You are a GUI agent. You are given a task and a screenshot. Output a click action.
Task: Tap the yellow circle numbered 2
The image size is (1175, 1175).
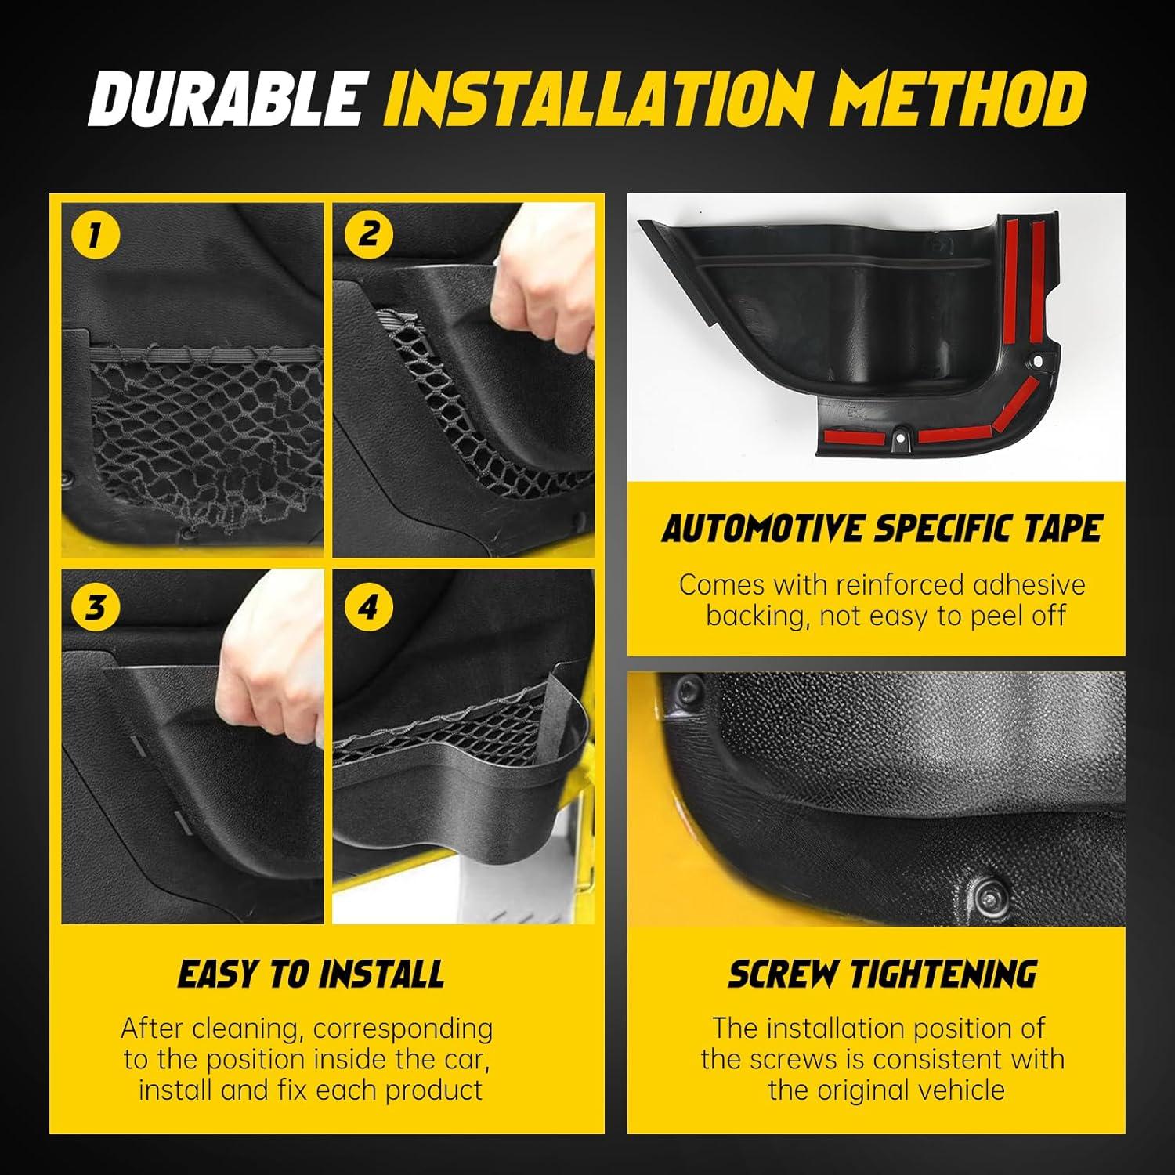[x=368, y=234]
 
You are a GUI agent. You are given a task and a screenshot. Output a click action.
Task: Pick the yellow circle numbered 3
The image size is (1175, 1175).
[x=95, y=608]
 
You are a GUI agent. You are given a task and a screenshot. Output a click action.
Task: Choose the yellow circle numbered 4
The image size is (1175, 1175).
[x=368, y=608]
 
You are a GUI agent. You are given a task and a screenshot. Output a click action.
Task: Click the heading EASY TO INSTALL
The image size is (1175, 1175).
[x=311, y=974]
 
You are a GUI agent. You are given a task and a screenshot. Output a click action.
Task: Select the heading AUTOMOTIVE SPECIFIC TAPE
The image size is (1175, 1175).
[x=881, y=529]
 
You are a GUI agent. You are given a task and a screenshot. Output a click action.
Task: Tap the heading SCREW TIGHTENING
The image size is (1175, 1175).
[x=883, y=974]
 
